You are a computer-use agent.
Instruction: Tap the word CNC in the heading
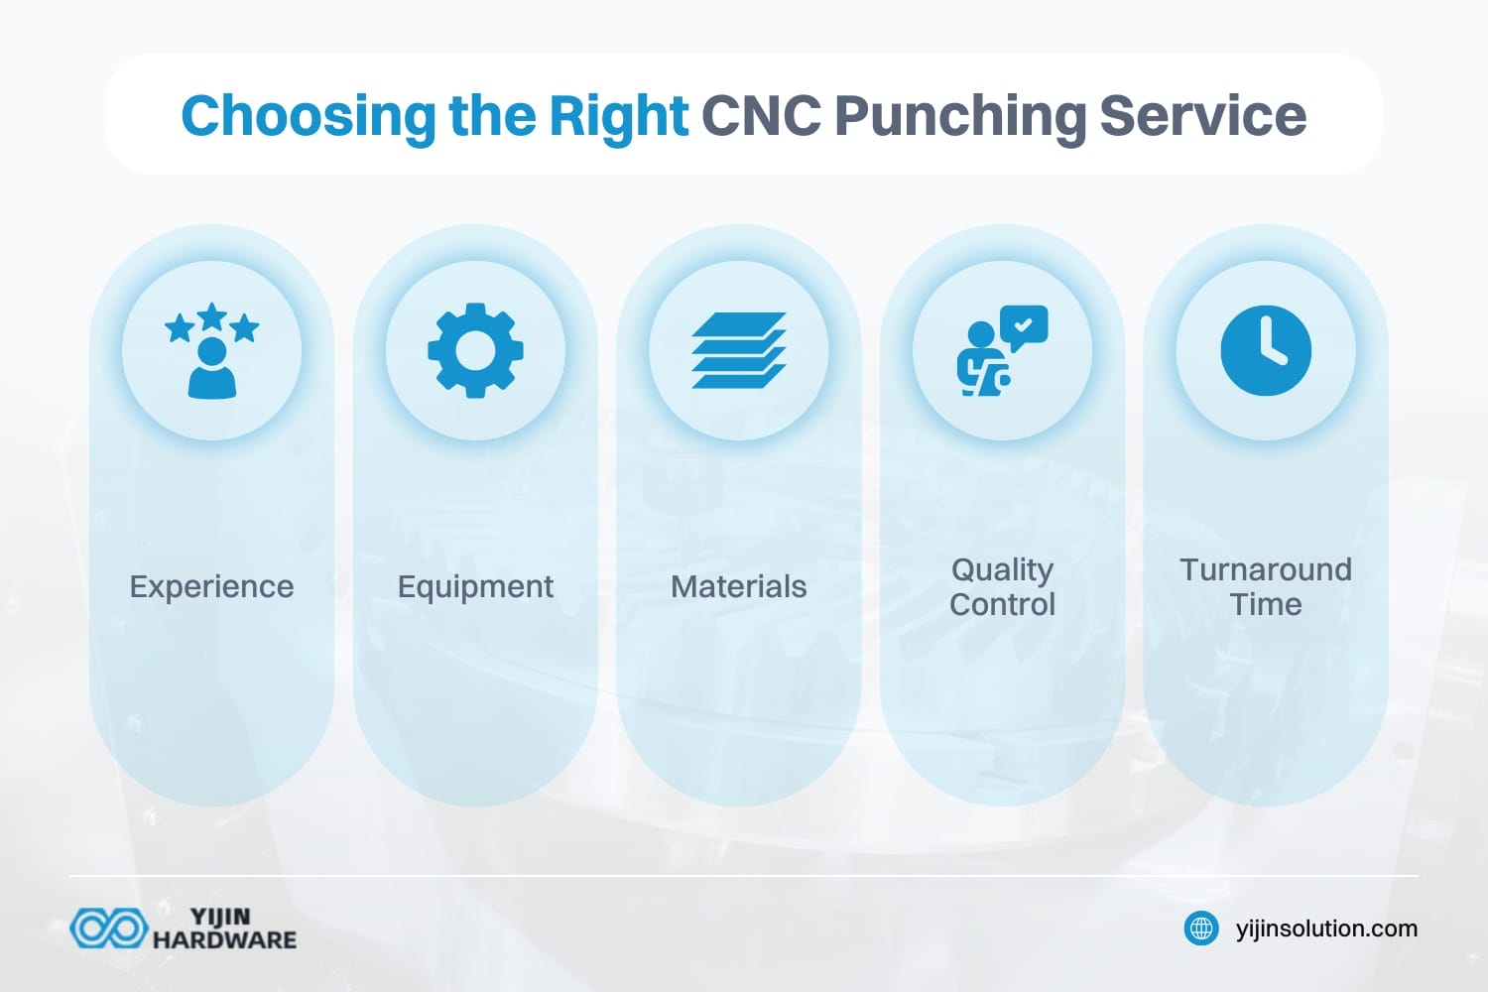[x=761, y=116]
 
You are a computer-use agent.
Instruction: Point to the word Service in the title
[x=1202, y=116]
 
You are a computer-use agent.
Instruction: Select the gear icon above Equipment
[x=475, y=351]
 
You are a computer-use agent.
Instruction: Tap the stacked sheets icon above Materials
[x=739, y=351]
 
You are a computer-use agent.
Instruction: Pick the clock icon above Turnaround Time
[x=1266, y=351]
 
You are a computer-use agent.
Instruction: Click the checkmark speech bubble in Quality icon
[x=1024, y=325]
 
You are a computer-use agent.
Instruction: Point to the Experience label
[x=211, y=586]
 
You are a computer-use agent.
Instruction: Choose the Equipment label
[x=475, y=586]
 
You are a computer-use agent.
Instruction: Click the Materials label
[x=739, y=586]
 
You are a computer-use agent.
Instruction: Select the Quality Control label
[x=1002, y=586]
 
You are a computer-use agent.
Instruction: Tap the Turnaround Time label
[x=1266, y=586]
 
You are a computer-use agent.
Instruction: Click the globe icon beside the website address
[x=1201, y=929]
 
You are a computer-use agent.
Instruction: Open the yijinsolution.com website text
[x=1326, y=929]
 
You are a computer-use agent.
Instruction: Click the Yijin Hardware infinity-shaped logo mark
[x=108, y=929]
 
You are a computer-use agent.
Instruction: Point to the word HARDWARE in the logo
[x=224, y=939]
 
